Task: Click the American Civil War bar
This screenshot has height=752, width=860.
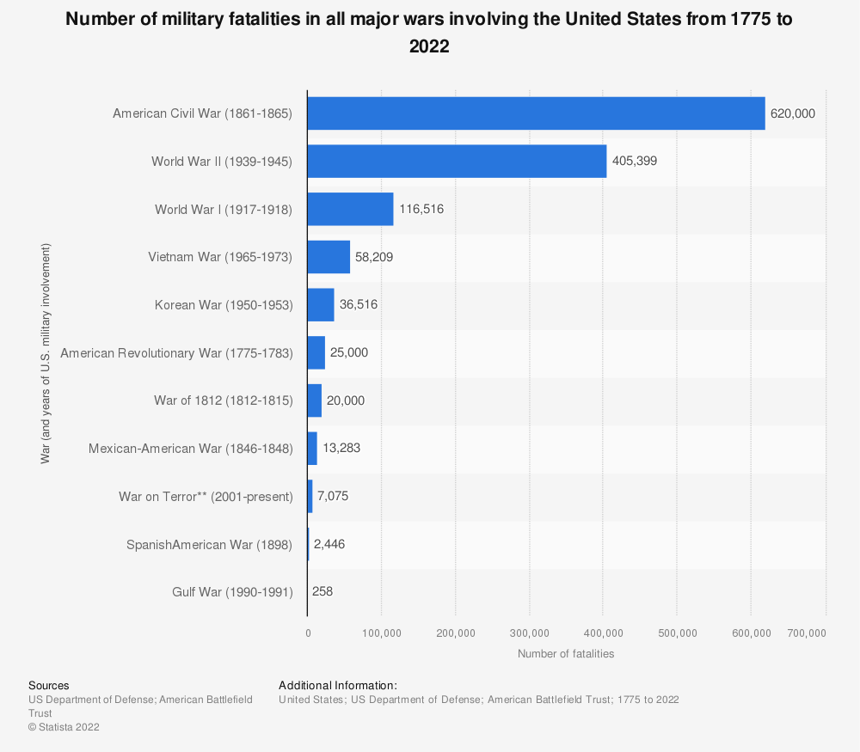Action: click(x=536, y=113)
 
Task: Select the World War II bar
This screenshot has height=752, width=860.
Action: click(x=457, y=161)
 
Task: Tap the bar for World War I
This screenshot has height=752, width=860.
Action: click(x=350, y=209)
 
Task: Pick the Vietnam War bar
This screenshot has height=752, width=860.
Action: click(x=329, y=257)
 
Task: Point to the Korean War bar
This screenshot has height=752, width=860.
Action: click(x=321, y=304)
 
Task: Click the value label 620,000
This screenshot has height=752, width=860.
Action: click(x=793, y=113)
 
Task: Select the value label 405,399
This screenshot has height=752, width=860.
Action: click(x=635, y=161)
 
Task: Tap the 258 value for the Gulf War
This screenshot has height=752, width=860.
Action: click(x=322, y=592)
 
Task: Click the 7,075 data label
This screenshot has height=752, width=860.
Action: click(x=333, y=496)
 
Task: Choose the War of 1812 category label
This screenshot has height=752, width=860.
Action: click(x=224, y=400)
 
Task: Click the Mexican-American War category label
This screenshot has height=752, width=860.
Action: click(x=191, y=449)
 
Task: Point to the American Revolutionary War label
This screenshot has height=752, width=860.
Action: click(x=177, y=352)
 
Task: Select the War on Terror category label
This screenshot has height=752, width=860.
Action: click(x=206, y=496)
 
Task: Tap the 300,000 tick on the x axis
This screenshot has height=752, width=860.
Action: click(x=530, y=633)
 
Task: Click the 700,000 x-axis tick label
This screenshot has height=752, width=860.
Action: click(x=807, y=633)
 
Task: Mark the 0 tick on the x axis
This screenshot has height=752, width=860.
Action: click(x=308, y=633)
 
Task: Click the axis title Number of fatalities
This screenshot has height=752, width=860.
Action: click(x=566, y=654)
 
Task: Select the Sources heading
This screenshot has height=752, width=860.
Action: click(x=49, y=686)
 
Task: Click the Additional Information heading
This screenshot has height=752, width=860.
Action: click(x=338, y=686)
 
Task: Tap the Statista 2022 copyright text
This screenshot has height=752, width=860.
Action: click(x=64, y=727)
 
